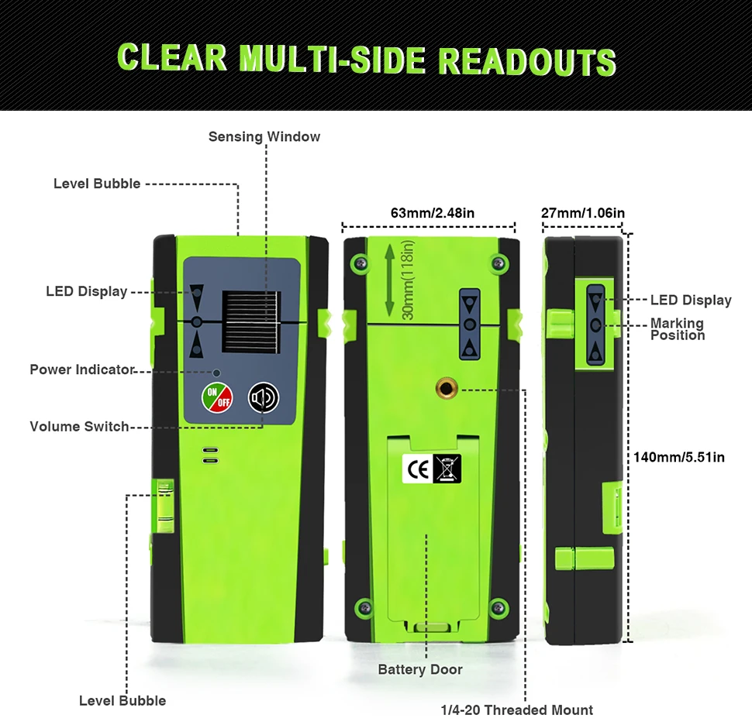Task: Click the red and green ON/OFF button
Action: [x=217, y=397]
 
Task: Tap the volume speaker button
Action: [x=263, y=397]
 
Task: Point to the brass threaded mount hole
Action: [x=447, y=387]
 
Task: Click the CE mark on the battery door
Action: [x=416, y=468]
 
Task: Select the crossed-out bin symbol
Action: [x=447, y=468]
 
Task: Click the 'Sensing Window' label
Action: [x=264, y=137]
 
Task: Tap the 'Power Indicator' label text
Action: [x=81, y=369]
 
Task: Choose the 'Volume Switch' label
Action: [x=79, y=427]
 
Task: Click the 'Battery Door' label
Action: [x=419, y=670]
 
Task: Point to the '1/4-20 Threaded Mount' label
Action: [x=516, y=710]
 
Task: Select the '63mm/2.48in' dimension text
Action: [x=428, y=213]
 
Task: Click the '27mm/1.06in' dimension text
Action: [x=583, y=213]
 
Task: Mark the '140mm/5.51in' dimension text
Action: [x=679, y=457]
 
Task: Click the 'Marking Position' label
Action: [x=677, y=329]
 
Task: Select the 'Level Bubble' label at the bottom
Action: [x=122, y=701]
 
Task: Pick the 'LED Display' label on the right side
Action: [x=691, y=300]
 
